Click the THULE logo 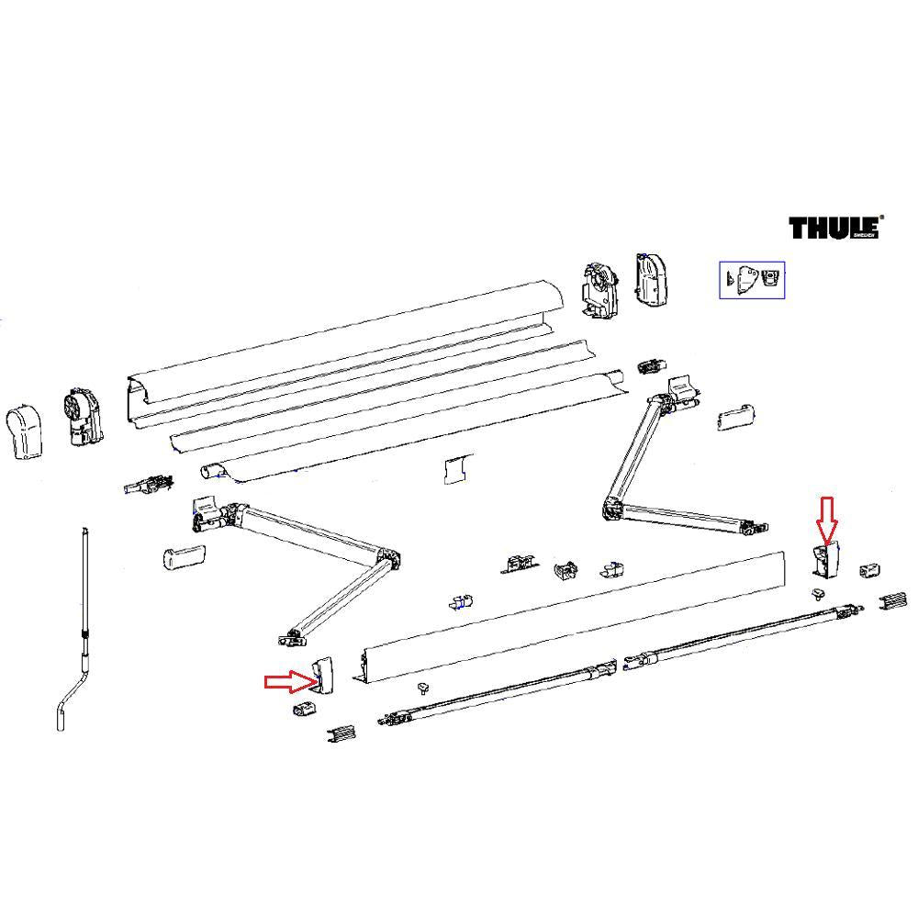[835, 227]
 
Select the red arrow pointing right [288, 680]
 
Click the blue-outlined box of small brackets [751, 279]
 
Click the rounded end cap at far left [26, 433]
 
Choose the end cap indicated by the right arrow [324, 677]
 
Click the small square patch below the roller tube [455, 468]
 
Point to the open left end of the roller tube [212, 470]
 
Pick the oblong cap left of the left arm [182, 556]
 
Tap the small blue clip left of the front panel [461, 602]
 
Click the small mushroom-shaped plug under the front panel [424, 687]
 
